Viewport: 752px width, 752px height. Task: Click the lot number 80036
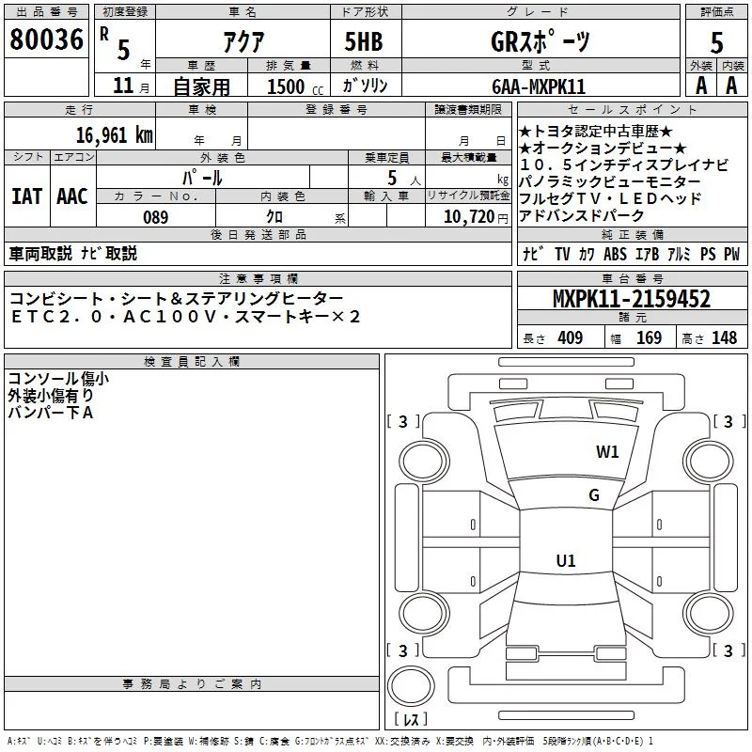46,39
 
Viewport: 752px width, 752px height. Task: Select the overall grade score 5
716,42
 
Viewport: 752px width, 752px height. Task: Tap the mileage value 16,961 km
115,134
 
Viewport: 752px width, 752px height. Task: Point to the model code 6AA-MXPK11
539,86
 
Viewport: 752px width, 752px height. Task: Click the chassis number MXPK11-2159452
632,299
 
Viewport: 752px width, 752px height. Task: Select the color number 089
156,217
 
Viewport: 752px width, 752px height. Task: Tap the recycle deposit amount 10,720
469,217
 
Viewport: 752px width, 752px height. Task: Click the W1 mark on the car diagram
607,451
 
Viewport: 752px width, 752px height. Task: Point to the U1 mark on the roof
566,560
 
